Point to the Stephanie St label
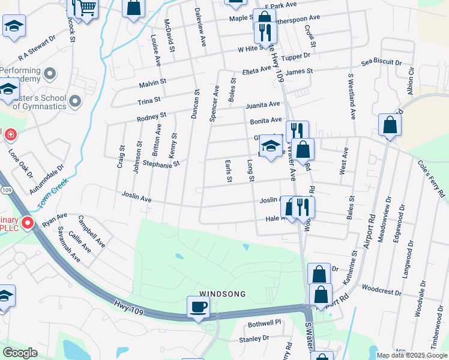click(x=161, y=163)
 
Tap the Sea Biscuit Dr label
click(x=381, y=62)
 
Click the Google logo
click(x=20, y=353)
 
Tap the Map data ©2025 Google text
click(x=411, y=355)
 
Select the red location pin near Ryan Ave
click(x=27, y=224)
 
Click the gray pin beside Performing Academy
click(x=50, y=74)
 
